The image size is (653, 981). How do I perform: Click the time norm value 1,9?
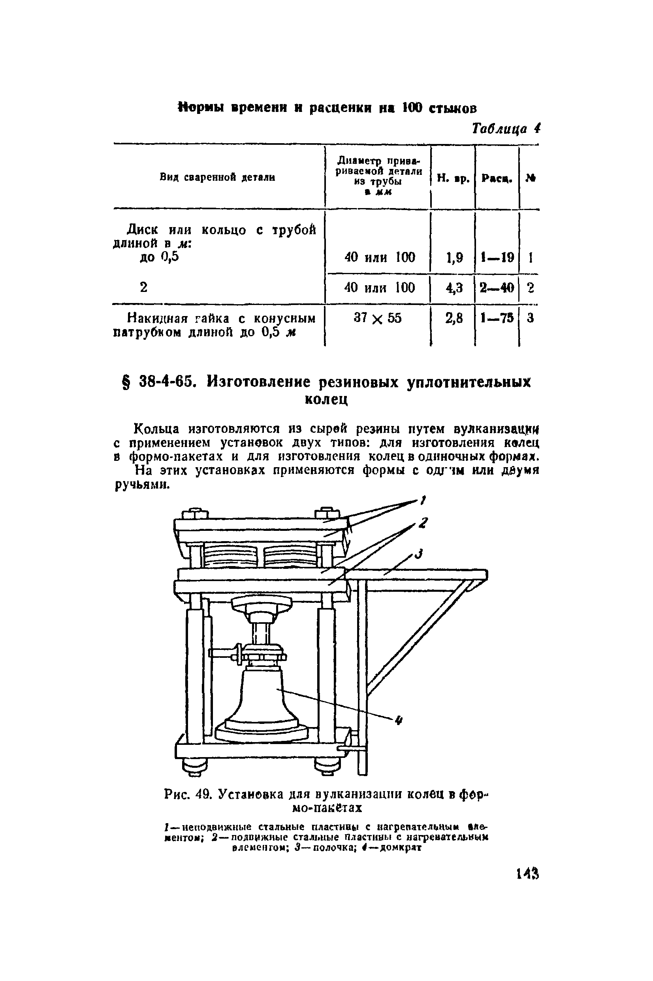(454, 258)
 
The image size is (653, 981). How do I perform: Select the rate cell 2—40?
(497, 288)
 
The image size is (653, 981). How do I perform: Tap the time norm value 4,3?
(454, 288)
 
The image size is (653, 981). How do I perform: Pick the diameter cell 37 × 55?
(378, 318)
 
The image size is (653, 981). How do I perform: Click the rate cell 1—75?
(497, 318)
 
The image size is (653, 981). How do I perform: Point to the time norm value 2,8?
(454, 318)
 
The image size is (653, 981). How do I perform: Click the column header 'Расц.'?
(497, 178)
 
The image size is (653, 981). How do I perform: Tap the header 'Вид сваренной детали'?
(217, 178)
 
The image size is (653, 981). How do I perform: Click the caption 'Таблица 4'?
(506, 129)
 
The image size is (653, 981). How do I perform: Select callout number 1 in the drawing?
(423, 500)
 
